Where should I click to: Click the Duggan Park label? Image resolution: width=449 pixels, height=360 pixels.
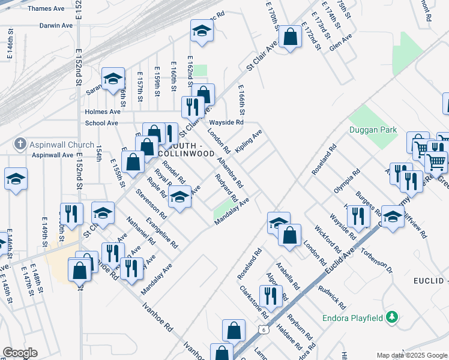click(372, 130)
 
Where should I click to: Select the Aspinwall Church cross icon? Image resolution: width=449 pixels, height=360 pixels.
click(20, 145)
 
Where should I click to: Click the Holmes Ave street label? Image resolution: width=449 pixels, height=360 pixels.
click(103, 112)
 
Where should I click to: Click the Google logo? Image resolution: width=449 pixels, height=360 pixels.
click(19, 353)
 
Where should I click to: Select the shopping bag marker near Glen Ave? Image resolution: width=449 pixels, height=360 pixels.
click(290, 37)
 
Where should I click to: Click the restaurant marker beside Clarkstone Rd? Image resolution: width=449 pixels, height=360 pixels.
click(270, 296)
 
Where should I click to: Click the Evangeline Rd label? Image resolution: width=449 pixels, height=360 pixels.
click(166, 232)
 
